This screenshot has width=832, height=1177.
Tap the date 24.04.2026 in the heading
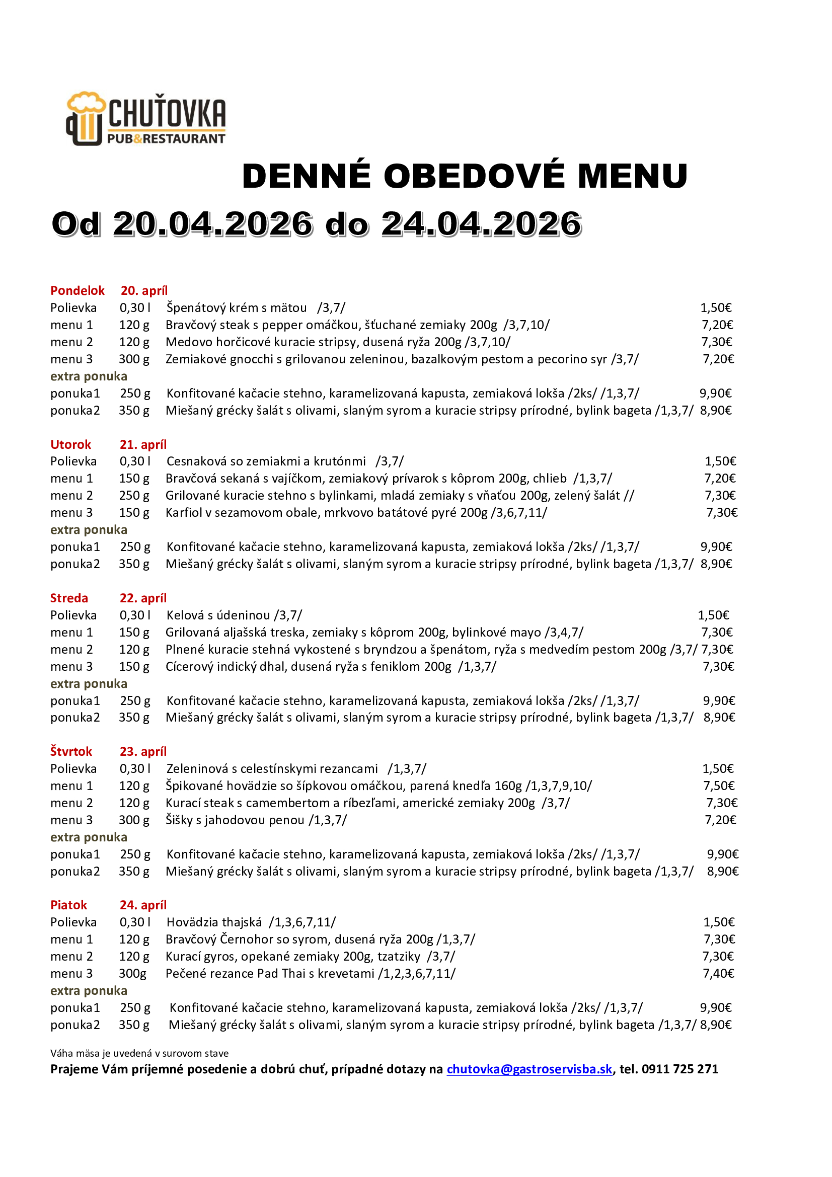point(481,224)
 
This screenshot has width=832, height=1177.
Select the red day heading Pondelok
point(77,291)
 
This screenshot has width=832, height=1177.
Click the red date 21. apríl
point(143,444)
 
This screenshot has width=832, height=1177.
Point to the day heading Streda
point(68,598)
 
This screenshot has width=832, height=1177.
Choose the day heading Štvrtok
point(71,751)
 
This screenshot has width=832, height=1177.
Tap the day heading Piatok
point(68,905)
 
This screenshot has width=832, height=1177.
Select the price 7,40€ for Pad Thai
point(718,974)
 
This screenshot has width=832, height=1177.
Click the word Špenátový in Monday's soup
point(198,308)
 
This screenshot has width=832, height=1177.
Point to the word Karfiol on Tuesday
point(184,513)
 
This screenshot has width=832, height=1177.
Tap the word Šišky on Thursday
point(178,820)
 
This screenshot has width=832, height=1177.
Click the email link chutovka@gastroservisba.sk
point(530,1069)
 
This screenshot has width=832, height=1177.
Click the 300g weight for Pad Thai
point(133,974)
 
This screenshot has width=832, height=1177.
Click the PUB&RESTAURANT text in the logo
point(166,138)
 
